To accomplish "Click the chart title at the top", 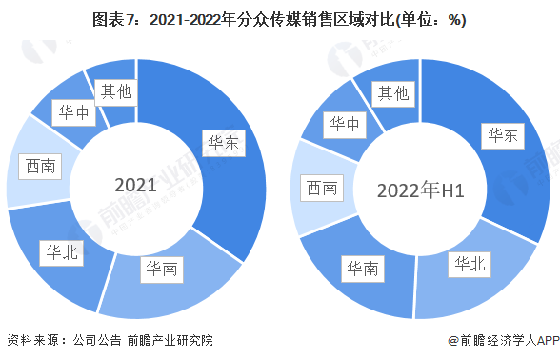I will tap(279, 18).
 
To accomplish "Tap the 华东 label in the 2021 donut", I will tap(226, 145).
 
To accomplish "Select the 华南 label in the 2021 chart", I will tap(159, 270).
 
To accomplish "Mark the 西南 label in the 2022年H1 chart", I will tap(322, 189).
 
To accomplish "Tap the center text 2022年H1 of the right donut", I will tap(420, 190).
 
